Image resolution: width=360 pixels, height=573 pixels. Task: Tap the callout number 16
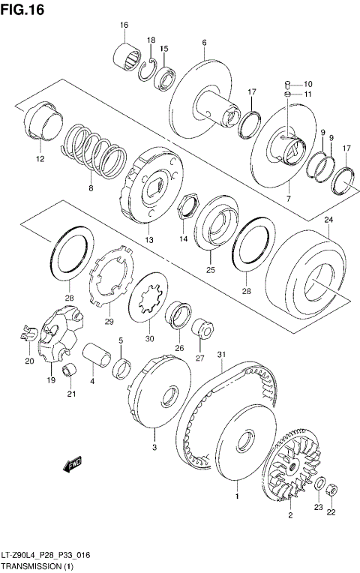tap(124, 25)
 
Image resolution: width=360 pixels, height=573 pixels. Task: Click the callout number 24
tap(328, 219)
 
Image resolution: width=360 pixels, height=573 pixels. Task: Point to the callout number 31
tap(221, 354)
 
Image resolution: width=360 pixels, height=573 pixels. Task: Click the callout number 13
tap(148, 240)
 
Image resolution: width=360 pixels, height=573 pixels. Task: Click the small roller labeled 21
tap(70, 369)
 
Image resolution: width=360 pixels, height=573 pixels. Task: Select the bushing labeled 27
tap(201, 328)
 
